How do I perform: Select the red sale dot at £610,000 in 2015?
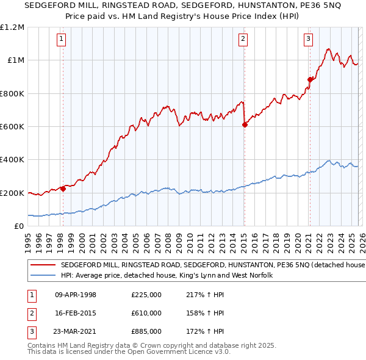tap(245, 124)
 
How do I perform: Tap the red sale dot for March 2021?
tap(310, 79)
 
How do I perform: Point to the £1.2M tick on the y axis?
tap(13, 27)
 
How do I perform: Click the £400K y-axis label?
tap(13, 160)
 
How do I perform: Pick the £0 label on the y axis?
tap(19, 226)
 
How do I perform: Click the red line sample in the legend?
tap(43, 265)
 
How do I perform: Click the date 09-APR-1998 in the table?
tap(75, 295)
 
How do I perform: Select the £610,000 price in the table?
tap(146, 313)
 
